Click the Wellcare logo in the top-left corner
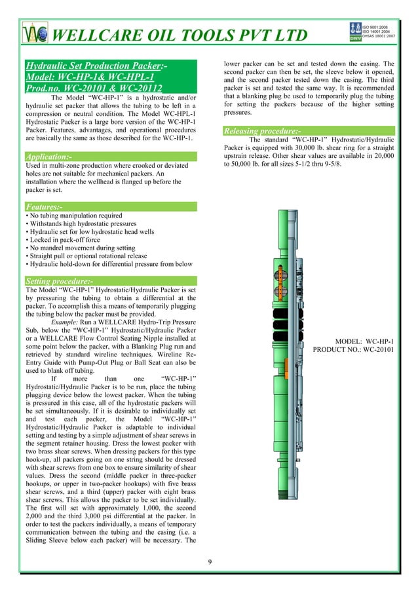[x=31, y=34]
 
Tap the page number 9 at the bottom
[x=209, y=562]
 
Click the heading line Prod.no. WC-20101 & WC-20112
[x=93, y=88]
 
